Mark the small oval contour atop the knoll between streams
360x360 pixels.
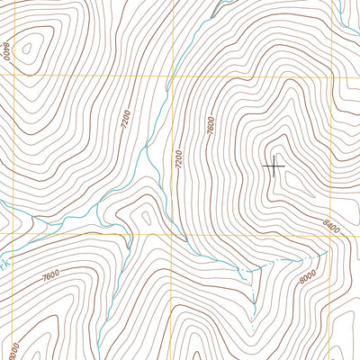click(x=143, y=217)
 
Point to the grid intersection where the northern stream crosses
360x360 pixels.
click(x=171, y=76)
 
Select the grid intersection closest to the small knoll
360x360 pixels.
click(x=171, y=234)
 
